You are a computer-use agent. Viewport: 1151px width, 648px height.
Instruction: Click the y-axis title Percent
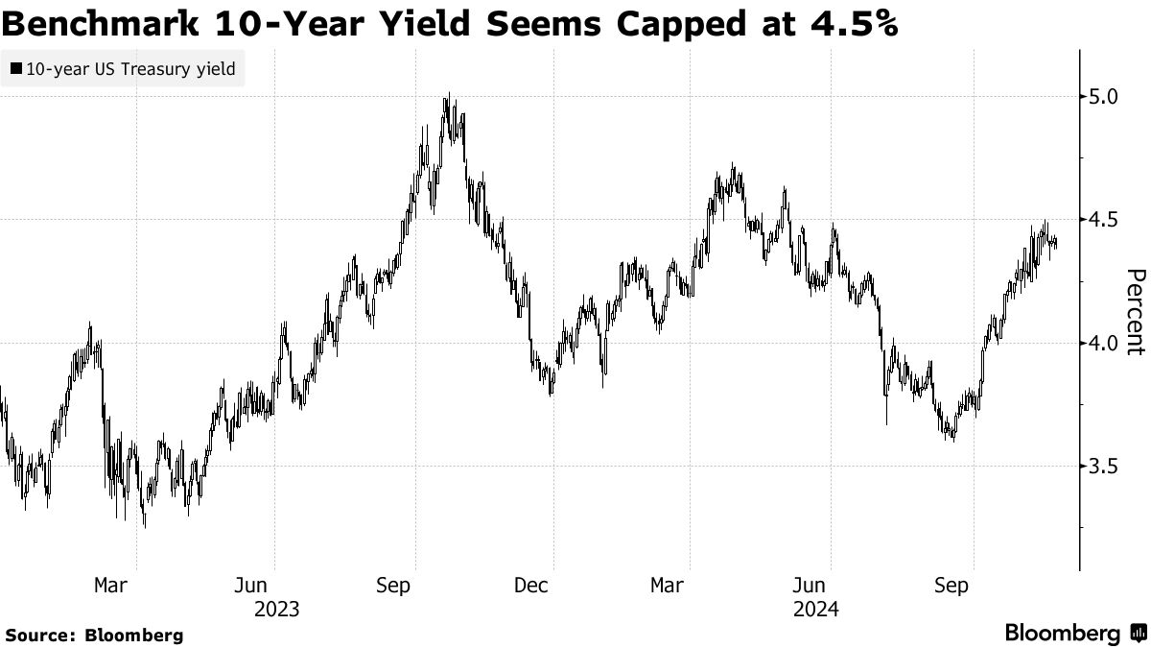coord(1135,312)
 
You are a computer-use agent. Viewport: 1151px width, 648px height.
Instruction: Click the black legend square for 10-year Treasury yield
coord(15,68)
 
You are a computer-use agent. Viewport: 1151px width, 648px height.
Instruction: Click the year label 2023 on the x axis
coord(276,609)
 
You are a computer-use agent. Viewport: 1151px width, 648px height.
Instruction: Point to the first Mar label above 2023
coord(110,585)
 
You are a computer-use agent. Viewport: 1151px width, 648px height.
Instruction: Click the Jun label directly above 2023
coord(250,585)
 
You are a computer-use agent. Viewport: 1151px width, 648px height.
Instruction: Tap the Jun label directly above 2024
coord(810,585)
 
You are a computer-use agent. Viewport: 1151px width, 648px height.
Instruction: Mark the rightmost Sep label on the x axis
coord(952,585)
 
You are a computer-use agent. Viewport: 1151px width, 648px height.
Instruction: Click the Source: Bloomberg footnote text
coord(94,635)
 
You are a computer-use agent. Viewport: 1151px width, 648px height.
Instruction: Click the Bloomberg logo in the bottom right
coord(1074,633)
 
